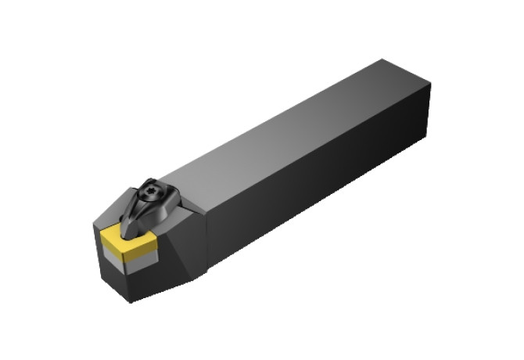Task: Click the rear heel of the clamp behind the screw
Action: click(177, 200)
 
